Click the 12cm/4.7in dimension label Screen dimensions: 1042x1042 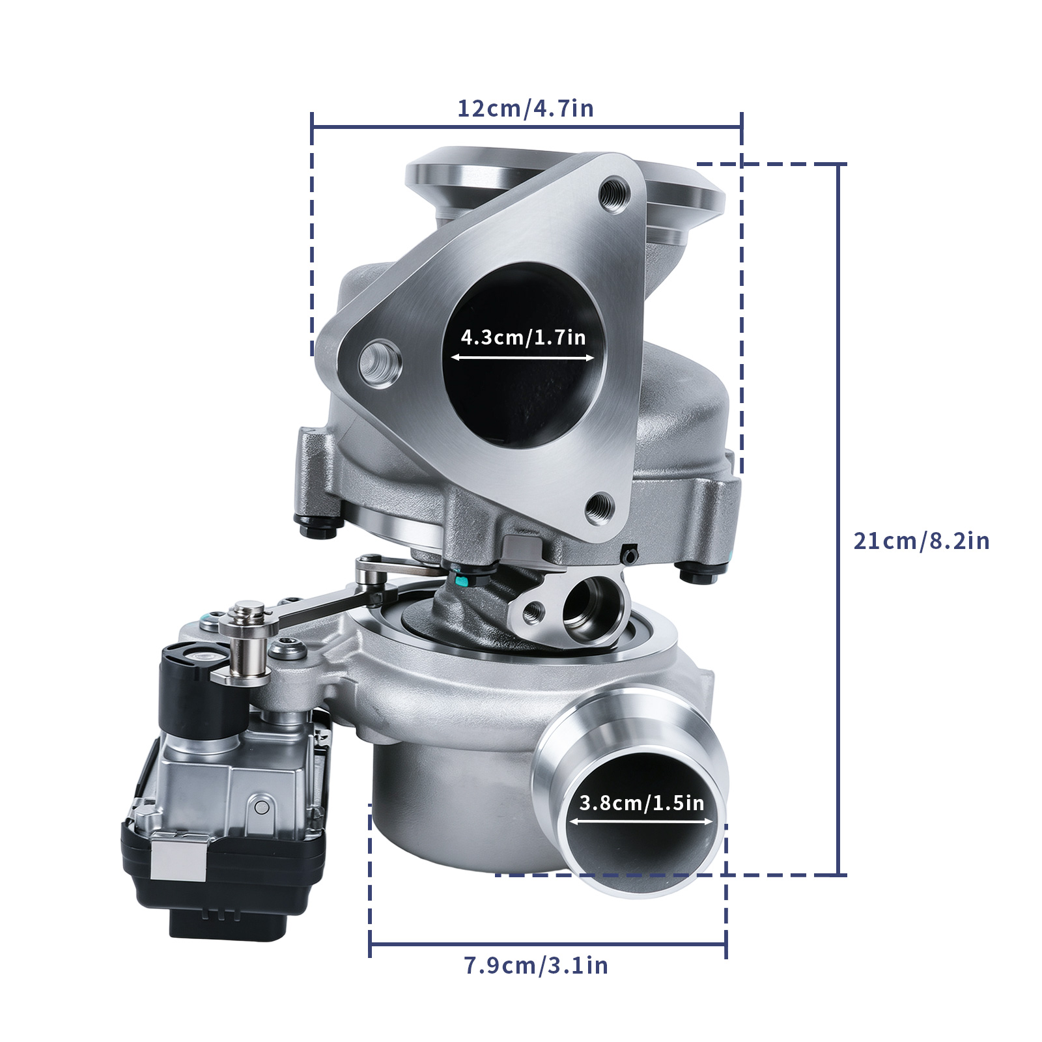[x=526, y=108]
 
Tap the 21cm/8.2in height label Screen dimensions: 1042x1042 [x=921, y=541]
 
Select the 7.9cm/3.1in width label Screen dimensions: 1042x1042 [x=536, y=965]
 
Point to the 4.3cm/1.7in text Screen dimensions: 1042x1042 [x=523, y=337]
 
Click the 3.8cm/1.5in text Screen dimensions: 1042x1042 [x=641, y=803]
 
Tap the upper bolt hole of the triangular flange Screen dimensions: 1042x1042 [x=613, y=193]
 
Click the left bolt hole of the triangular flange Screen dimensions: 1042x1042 [x=380, y=363]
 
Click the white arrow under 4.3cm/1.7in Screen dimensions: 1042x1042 [x=522, y=358]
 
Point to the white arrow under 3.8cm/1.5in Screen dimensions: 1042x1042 [x=641, y=822]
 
